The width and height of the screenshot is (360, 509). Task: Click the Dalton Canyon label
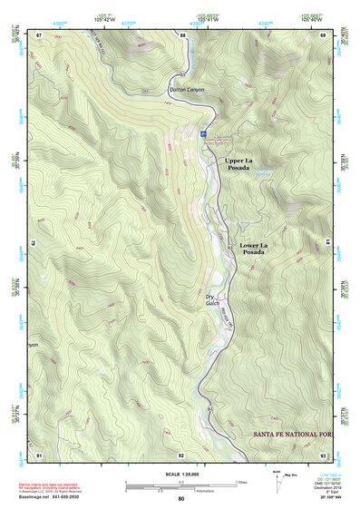189,90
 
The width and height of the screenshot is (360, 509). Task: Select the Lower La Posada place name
253,249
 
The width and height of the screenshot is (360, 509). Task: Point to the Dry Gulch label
212,300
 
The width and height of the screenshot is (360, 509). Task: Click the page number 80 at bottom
181,499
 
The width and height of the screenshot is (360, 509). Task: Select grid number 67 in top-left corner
39,34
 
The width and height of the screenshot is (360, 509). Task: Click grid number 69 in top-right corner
323,34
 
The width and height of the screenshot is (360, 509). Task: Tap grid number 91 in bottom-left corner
39,454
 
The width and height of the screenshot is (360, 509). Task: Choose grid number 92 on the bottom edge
181,454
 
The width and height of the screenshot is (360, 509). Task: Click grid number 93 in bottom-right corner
323,454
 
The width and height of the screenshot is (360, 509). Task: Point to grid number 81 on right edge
327,243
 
